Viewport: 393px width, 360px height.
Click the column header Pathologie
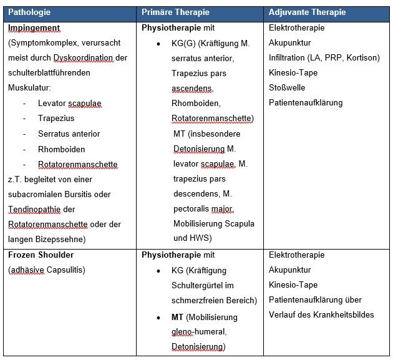click(x=30, y=12)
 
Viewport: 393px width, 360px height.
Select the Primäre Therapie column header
click(x=175, y=12)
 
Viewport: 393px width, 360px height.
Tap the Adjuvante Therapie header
click(x=306, y=12)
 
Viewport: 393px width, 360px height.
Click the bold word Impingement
click(x=34, y=28)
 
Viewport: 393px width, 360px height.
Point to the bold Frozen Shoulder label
click(x=41, y=255)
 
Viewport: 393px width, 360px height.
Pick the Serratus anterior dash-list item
click(x=69, y=134)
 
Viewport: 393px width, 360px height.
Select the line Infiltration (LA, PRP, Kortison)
click(x=324, y=58)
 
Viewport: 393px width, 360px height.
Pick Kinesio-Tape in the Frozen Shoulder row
click(x=293, y=285)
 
